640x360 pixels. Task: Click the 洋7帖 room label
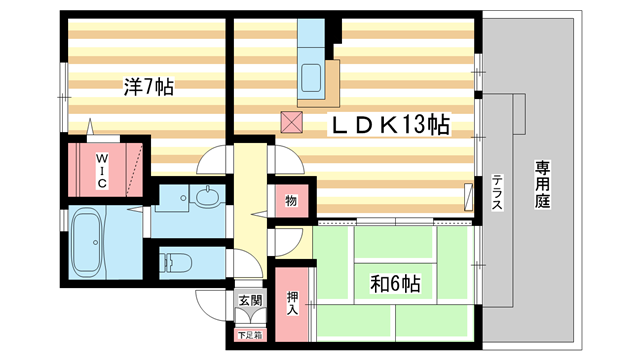point(150,88)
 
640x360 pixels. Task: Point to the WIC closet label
point(102,171)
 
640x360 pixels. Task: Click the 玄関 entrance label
point(249,300)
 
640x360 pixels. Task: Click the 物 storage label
point(291,201)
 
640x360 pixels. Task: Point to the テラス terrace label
point(497,191)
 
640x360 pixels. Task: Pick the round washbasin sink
point(208,197)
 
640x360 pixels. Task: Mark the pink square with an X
point(291,122)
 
